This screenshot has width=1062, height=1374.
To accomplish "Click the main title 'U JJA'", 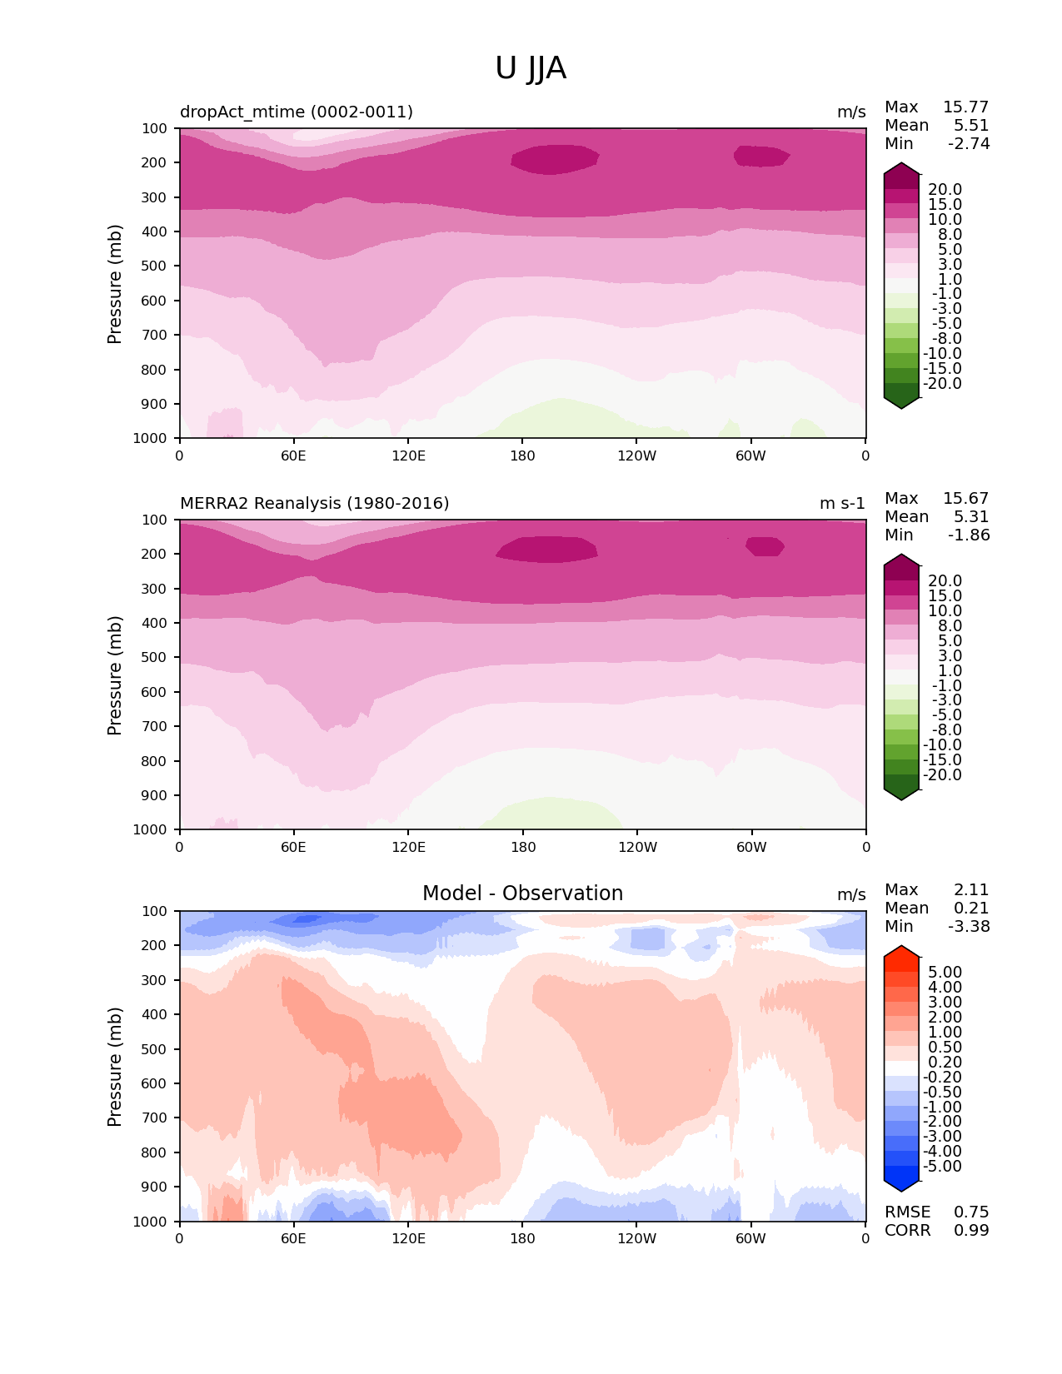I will pos(531,68).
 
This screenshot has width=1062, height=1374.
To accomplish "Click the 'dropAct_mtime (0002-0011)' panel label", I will pos(296,112).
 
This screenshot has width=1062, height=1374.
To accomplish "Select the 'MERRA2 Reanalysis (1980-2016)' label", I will pos(314,504).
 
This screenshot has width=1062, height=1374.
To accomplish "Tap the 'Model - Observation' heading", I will pos(522,894).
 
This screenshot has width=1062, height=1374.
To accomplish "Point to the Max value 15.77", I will pos(965,107).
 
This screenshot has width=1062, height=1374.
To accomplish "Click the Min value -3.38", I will pos(969,927).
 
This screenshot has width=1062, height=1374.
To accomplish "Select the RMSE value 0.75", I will pos(971,1212).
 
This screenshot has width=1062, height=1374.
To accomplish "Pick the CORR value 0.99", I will pos(971,1231).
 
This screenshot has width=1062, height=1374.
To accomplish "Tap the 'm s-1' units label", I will pos(842,504).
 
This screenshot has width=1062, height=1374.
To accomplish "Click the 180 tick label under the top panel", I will pos(522,456).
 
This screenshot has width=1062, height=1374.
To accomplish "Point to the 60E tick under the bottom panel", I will pos(293,1239).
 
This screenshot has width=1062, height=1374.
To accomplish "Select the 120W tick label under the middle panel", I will pos(637,848).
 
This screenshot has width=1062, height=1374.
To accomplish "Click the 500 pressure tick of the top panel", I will pos(155,266).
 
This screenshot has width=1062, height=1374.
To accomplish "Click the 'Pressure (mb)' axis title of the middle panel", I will pos(115,675).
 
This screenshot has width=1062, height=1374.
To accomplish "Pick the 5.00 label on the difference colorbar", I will pos(945,973).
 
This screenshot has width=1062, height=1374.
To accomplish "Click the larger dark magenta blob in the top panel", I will pos(554,158).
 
